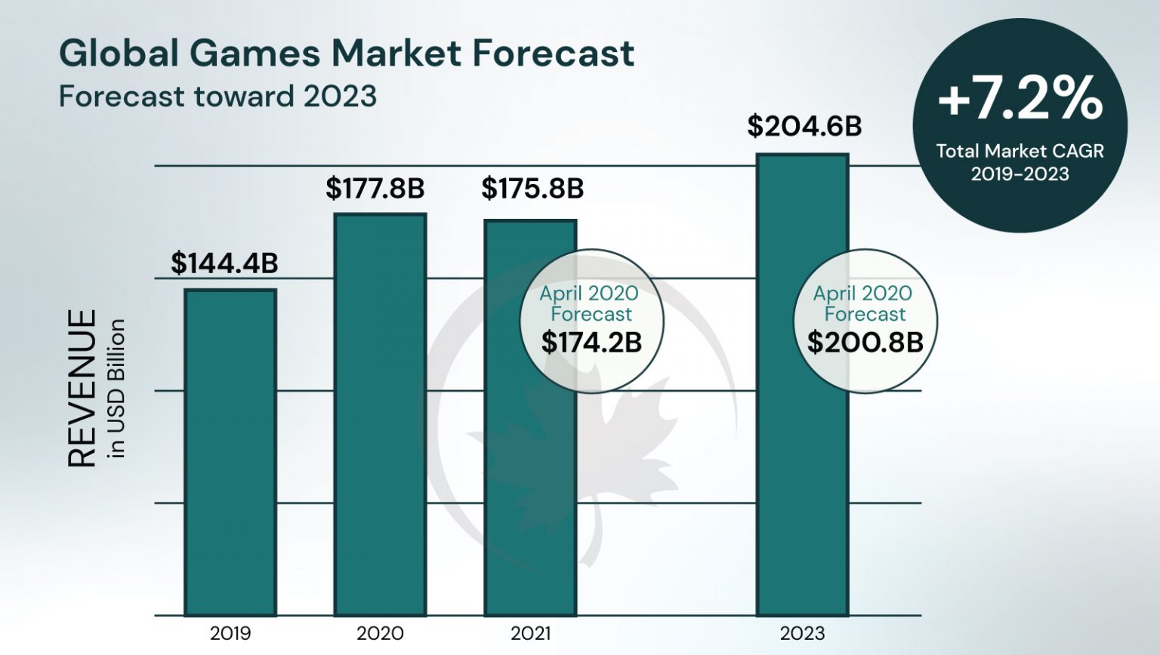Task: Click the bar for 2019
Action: [x=230, y=453]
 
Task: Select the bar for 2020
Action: [x=380, y=415]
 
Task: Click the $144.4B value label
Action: [x=224, y=263]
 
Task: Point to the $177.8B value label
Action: [x=375, y=188]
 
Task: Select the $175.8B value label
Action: [x=532, y=188]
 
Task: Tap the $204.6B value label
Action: [x=804, y=126]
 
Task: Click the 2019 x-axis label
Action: [x=230, y=633]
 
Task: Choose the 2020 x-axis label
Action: [x=380, y=633]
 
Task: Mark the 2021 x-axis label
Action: [x=530, y=633]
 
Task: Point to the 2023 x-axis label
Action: [x=802, y=633]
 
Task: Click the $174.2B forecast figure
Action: [x=591, y=343]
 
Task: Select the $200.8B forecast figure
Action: [x=865, y=343]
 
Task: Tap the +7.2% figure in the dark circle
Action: [x=1020, y=99]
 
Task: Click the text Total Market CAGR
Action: [x=1020, y=151]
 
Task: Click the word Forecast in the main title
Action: [x=554, y=54]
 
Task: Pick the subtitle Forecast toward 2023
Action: [x=217, y=97]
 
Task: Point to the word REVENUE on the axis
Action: [x=82, y=388]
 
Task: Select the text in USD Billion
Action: [x=116, y=388]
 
